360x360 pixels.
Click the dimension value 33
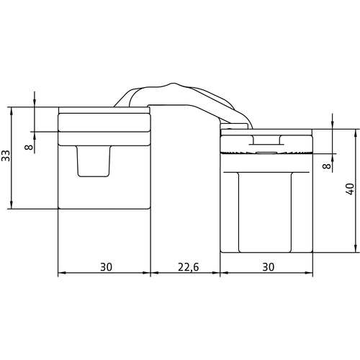click(x=6, y=156)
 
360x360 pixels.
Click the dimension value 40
click(x=350, y=189)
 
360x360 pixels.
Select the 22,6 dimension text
click(x=189, y=267)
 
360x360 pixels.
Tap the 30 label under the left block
click(x=106, y=267)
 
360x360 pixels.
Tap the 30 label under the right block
click(x=269, y=267)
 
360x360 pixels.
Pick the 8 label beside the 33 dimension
click(x=29, y=147)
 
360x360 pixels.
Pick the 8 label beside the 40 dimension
click(x=327, y=166)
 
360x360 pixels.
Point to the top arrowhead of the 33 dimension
click(x=11, y=111)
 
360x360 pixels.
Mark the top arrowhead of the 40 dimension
click(x=356, y=133)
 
